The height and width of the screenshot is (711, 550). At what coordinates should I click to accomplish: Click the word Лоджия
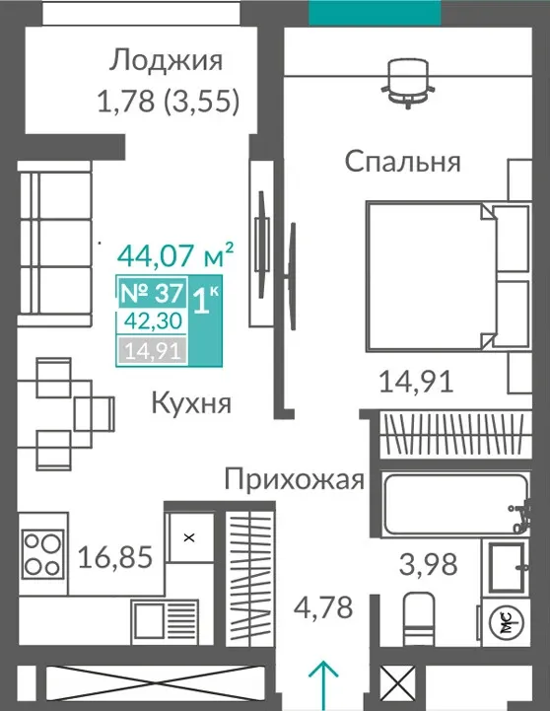click(166, 61)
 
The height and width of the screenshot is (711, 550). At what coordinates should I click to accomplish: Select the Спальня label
click(403, 162)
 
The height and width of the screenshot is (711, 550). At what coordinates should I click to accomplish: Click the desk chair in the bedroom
click(408, 83)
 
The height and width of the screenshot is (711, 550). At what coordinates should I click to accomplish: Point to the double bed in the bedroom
click(448, 276)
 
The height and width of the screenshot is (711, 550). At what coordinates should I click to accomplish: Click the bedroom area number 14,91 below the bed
click(416, 382)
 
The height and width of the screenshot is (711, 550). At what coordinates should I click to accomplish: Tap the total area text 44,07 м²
click(175, 255)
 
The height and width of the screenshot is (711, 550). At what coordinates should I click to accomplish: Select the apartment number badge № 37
click(152, 293)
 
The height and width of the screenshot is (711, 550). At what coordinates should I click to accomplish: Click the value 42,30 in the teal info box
click(153, 321)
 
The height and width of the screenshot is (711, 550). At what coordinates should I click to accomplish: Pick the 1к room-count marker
click(205, 301)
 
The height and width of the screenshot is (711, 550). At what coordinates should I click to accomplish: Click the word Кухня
click(191, 403)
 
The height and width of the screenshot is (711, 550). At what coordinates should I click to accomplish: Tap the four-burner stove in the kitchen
click(42, 553)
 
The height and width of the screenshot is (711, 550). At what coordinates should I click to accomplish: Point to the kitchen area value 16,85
click(115, 557)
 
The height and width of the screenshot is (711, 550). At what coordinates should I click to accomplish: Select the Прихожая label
click(295, 479)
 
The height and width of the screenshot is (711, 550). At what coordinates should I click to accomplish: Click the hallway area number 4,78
click(323, 607)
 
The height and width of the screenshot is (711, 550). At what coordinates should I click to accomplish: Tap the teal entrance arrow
click(323, 684)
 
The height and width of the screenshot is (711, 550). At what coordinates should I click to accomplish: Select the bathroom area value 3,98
click(428, 565)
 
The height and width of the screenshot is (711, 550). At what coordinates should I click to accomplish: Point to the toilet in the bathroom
click(419, 619)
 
